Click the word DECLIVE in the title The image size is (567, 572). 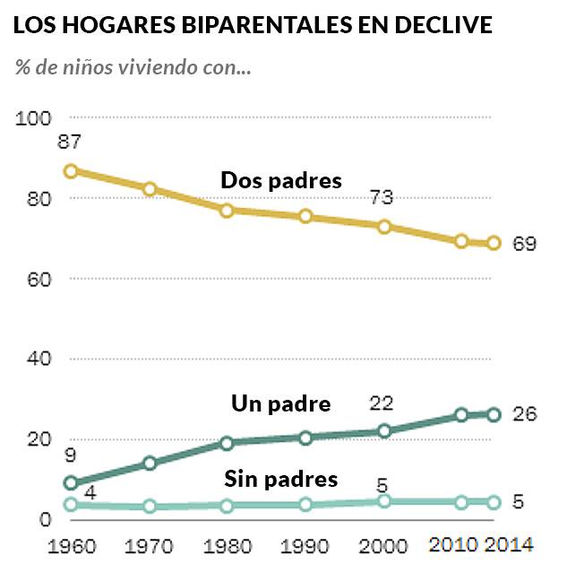pos(445,26)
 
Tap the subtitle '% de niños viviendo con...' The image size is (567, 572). pos(132,67)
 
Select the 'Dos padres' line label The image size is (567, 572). pos(281,180)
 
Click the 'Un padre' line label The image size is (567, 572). pos(280,403)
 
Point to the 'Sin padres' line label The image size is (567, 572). pos(280,479)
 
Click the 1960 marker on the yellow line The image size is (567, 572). pos(71,171)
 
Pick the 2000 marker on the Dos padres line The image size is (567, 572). pos(384,227)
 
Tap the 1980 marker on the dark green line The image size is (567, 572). pos(228,443)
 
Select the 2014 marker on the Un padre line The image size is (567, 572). pos(494,414)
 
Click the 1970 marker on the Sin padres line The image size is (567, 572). pos(150,507)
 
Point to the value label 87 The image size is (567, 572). pos(69,142)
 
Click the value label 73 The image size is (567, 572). pos(384,198)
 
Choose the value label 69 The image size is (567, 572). pos(524,244)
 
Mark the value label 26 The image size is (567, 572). pos(524,415)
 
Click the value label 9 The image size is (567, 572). pos(70,455)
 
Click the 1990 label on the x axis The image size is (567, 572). pos(305,545)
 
